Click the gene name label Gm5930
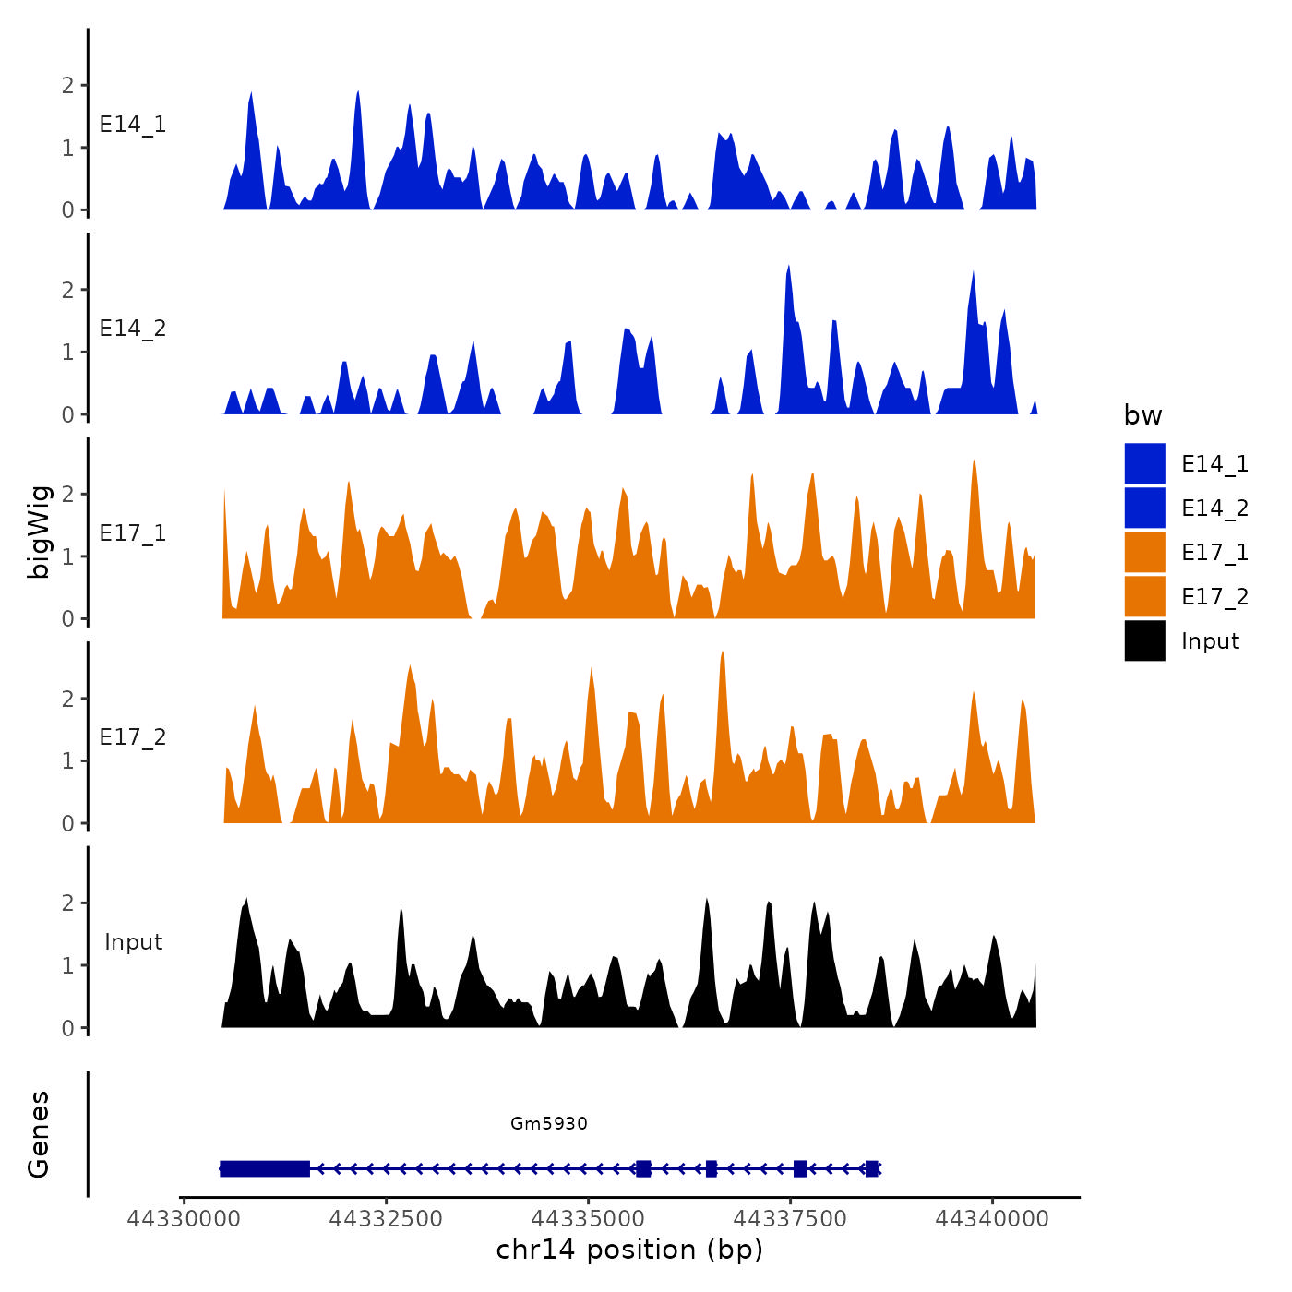[549, 1123]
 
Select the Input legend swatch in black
[1144, 640]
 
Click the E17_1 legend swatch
[1144, 552]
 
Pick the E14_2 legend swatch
[1144, 508]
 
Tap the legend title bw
[1142, 415]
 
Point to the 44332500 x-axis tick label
[386, 1219]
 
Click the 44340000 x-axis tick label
[992, 1219]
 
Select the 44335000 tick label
[589, 1219]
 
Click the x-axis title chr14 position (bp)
[629, 1250]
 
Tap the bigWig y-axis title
[39, 532]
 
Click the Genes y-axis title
[39, 1134]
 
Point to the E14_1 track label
[133, 125]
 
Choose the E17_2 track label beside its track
[133, 737]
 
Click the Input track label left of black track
[133, 942]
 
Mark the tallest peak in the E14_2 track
[788, 268]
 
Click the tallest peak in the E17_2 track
[723, 653]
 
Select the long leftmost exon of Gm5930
[265, 1169]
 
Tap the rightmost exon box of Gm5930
[872, 1169]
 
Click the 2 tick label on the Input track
[67, 903]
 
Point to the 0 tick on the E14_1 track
[67, 210]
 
